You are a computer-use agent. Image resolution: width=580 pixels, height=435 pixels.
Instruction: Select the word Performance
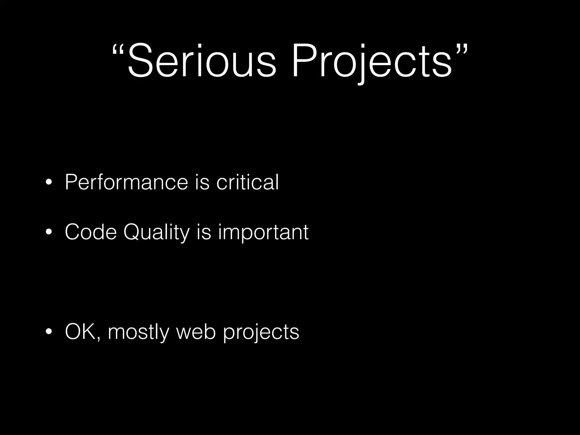pyautogui.click(x=126, y=182)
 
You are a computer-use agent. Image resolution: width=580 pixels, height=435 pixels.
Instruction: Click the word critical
pyautogui.click(x=248, y=182)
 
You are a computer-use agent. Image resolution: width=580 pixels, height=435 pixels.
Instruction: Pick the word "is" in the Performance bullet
pyautogui.click(x=202, y=182)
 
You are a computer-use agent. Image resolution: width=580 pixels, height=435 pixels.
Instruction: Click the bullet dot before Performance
pyautogui.click(x=49, y=183)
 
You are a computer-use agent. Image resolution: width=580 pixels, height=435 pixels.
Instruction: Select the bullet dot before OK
pyautogui.click(x=49, y=332)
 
